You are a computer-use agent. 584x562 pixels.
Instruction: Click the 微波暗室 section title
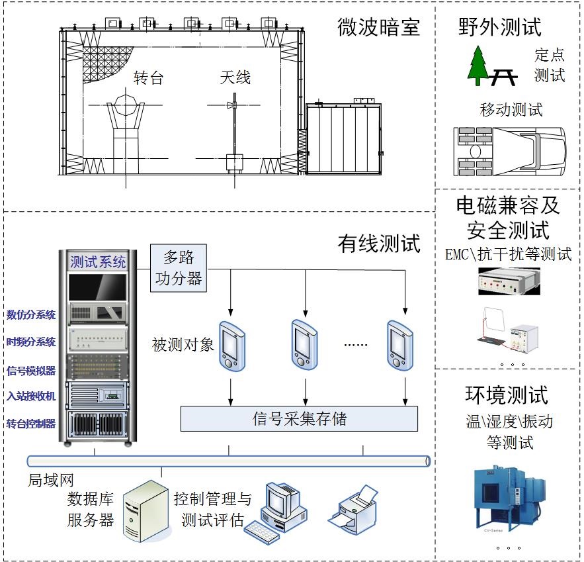(x=379, y=27)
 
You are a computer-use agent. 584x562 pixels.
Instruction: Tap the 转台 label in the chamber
(x=148, y=78)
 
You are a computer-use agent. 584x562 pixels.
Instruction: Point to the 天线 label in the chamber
(x=235, y=78)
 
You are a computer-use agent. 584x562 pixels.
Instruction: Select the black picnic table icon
(x=504, y=76)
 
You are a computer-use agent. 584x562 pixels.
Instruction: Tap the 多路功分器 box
(x=178, y=267)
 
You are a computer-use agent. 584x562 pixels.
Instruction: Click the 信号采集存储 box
(x=299, y=418)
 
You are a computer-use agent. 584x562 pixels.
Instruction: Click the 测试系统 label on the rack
(x=98, y=262)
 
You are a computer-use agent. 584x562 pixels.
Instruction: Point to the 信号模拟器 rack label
(x=31, y=370)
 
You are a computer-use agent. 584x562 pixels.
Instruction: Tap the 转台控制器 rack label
(x=31, y=424)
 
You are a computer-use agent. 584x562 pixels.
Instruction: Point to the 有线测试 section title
(x=379, y=244)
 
